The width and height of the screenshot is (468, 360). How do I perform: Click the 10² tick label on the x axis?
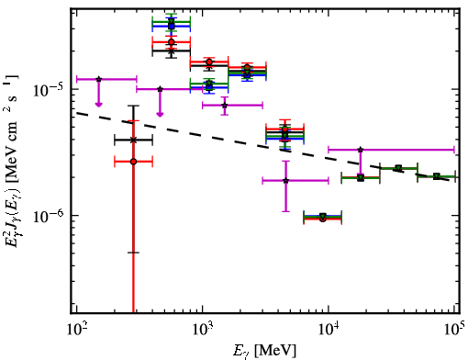[76, 330]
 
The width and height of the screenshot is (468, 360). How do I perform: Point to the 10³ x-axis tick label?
[202, 330]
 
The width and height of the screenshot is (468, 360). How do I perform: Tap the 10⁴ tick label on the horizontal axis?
[329, 330]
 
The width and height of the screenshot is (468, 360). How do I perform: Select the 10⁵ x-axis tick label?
[455, 330]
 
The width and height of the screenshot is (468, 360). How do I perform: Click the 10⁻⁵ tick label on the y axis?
[48, 89]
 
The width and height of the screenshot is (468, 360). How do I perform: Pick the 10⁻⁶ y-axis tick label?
[48, 216]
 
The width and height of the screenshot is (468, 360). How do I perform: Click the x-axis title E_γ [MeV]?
[264, 351]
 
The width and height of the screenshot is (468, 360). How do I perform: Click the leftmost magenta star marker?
[98, 79]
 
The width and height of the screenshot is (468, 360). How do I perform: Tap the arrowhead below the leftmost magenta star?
[98, 105]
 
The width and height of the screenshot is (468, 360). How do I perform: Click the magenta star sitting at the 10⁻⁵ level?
[160, 89]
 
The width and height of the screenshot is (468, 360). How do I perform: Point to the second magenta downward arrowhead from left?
[160, 115]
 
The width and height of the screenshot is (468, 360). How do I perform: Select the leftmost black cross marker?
[133, 141]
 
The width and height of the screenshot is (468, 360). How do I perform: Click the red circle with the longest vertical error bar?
[133, 162]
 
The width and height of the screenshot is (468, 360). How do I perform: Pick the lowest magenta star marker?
[285, 181]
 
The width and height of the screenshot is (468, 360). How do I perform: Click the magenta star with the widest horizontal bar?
[361, 150]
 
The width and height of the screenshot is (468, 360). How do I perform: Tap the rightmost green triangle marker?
[437, 176]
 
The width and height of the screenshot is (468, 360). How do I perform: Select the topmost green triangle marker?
[172, 21]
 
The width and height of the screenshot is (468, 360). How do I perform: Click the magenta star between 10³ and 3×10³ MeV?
[225, 106]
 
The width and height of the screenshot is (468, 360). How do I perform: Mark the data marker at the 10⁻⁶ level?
[323, 217]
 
